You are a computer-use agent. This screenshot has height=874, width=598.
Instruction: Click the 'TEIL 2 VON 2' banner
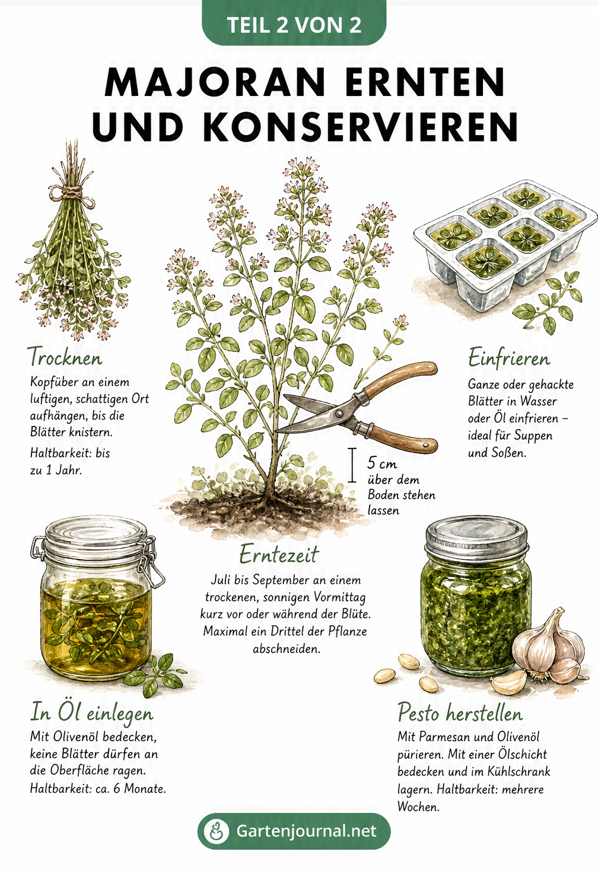pyautogui.click(x=294, y=24)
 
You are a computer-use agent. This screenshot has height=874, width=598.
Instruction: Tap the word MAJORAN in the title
pyautogui.click(x=215, y=82)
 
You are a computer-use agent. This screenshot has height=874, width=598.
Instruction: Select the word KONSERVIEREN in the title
pyautogui.click(x=361, y=126)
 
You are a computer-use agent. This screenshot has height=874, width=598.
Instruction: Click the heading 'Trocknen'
pyautogui.click(x=66, y=357)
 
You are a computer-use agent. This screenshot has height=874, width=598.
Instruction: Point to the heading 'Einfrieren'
pyautogui.click(x=508, y=358)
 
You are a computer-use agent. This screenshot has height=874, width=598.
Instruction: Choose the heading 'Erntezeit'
pyautogui.click(x=279, y=554)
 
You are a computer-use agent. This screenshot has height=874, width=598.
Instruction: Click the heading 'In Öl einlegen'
pyautogui.click(x=92, y=712)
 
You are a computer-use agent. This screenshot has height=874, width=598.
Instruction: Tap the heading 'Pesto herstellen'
pyautogui.click(x=460, y=712)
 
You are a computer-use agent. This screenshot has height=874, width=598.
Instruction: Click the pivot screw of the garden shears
pyautogui.click(x=339, y=413)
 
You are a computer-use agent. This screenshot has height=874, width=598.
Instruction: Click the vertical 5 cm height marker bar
pyautogui.click(x=352, y=465)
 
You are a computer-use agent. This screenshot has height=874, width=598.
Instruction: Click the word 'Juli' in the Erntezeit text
pyautogui.click(x=221, y=580)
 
